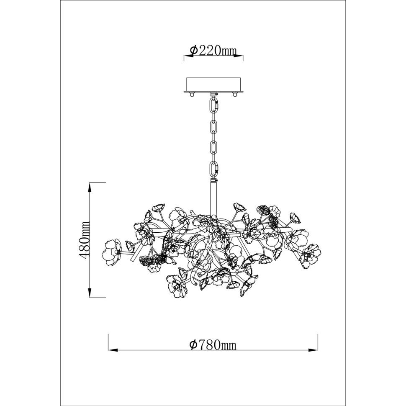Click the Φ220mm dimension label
pyautogui.click(x=213, y=51)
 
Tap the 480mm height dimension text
pyautogui.click(x=85, y=240)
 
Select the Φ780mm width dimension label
pyautogui.click(x=213, y=345)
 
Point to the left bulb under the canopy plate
pyautogui.click(x=192, y=95)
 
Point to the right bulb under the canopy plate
pyautogui.click(x=235, y=95)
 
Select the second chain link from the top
pyautogui.click(x=213, y=128)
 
